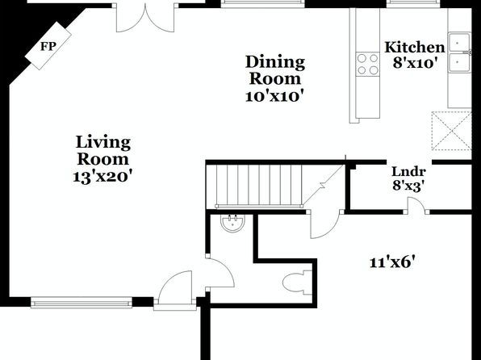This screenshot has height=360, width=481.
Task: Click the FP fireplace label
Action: (48, 46)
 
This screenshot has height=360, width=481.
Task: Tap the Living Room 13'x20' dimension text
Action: (102, 177)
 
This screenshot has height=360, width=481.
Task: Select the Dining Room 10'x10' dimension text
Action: (275, 96)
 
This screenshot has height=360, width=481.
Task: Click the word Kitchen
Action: (415, 48)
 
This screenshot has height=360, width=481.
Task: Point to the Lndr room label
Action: (408, 172)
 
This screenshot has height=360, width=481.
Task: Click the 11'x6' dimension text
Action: (393, 262)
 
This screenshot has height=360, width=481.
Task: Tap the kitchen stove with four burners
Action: (367, 64)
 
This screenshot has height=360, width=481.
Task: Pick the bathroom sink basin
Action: (232, 223)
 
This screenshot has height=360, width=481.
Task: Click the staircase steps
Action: (259, 186)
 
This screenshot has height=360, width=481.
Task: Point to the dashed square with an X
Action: (451, 131)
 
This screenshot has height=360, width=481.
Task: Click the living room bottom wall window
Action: (82, 303)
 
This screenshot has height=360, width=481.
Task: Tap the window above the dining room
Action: (262, 3)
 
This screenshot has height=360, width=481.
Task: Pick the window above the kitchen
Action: (413, 3)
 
